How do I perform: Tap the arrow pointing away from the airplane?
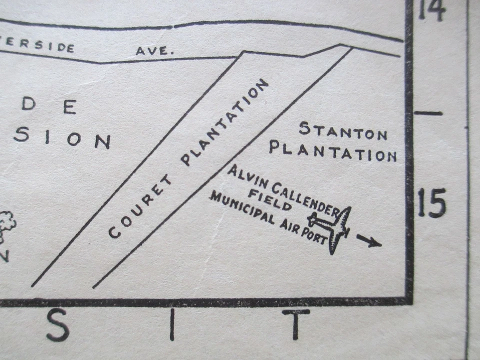point(369,241)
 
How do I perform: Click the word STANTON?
point(343,131)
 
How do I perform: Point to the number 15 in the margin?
point(431,203)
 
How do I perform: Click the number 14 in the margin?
point(431,10)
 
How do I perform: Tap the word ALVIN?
point(243,176)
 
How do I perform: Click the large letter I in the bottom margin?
point(172,324)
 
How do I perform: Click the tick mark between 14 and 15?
point(428,113)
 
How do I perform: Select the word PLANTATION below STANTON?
point(333,151)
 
